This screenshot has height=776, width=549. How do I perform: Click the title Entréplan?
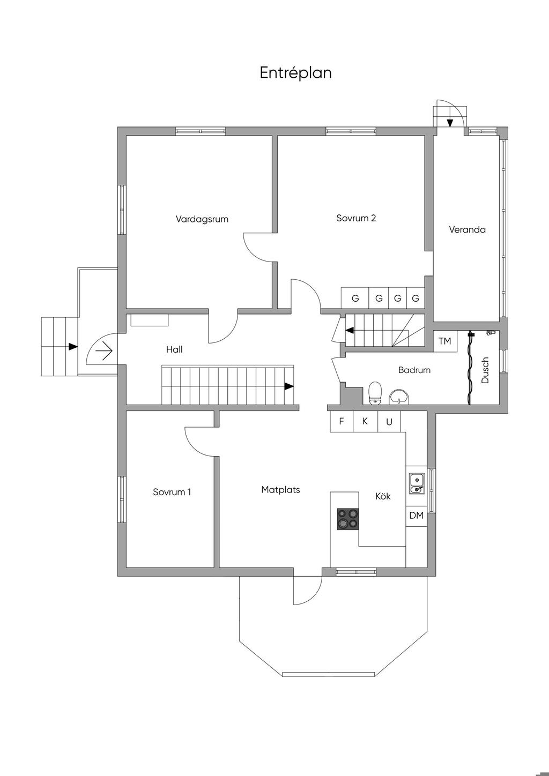295,73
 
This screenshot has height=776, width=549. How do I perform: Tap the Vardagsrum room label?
202,219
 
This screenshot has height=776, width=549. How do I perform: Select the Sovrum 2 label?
356,218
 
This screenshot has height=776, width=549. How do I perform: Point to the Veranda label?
467,230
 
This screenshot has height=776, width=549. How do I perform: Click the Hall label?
174,349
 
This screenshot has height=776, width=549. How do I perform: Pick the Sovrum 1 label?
172,492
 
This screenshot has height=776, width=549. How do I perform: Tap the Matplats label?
280,489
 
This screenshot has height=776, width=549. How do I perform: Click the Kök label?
383,496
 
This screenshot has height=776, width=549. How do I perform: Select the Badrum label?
414,370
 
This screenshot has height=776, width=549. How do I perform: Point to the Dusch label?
485,370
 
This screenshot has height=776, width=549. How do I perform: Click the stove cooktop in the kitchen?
347,519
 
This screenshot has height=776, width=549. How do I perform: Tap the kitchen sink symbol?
416,482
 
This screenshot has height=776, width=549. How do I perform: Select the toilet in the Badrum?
375,392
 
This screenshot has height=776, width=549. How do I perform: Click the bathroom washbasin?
399,396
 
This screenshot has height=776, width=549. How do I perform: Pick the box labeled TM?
444,341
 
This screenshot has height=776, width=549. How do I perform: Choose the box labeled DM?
416,516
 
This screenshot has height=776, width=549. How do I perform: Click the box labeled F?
341,421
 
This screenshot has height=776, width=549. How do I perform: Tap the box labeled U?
389,422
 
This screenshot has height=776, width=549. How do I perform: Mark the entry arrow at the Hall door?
103,352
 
